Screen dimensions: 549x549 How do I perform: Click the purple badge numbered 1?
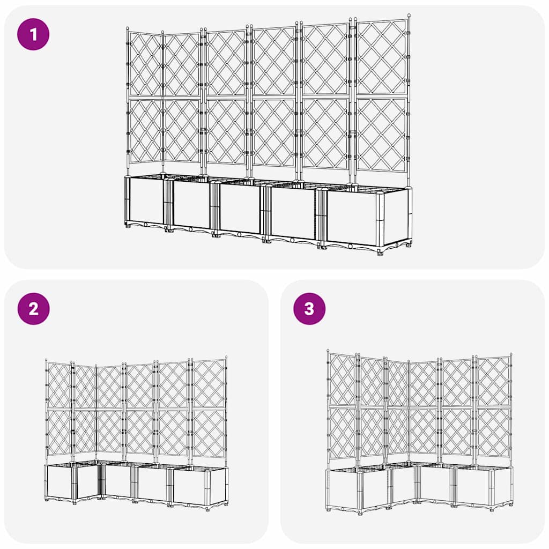[33, 34]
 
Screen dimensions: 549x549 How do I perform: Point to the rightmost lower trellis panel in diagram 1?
[381, 134]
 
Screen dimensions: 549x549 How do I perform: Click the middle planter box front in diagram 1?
[240, 209]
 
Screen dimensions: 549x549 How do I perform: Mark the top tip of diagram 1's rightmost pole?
[409, 17]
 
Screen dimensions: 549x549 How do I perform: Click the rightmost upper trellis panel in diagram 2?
[209, 383]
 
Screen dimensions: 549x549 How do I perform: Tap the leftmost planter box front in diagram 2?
[59, 481]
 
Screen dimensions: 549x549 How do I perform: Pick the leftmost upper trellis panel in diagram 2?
[59, 385]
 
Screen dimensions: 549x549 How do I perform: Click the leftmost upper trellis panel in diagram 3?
[342, 380]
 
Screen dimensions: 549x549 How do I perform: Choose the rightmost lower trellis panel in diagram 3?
[493, 432]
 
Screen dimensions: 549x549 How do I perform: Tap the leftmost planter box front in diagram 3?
[342, 489]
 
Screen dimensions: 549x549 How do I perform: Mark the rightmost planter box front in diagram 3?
[472, 487]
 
